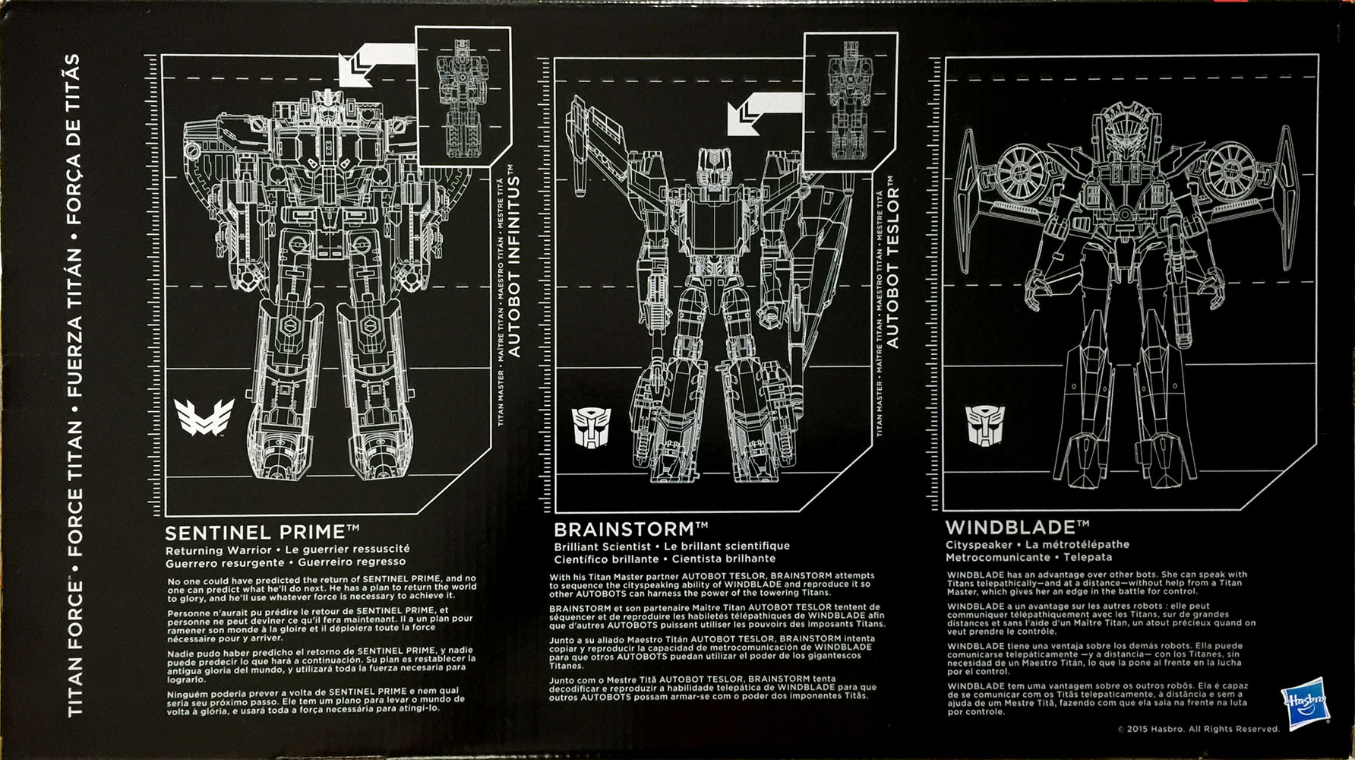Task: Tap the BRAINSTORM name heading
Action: (x=630, y=529)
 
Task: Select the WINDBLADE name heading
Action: (x=1017, y=527)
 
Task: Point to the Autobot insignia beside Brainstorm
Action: (x=590, y=428)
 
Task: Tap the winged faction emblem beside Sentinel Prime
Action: (x=204, y=417)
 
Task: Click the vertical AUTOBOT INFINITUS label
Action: (x=514, y=263)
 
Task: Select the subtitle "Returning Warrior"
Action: (x=218, y=549)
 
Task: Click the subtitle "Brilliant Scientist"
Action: (x=602, y=546)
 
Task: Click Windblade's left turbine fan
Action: (x=1022, y=170)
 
